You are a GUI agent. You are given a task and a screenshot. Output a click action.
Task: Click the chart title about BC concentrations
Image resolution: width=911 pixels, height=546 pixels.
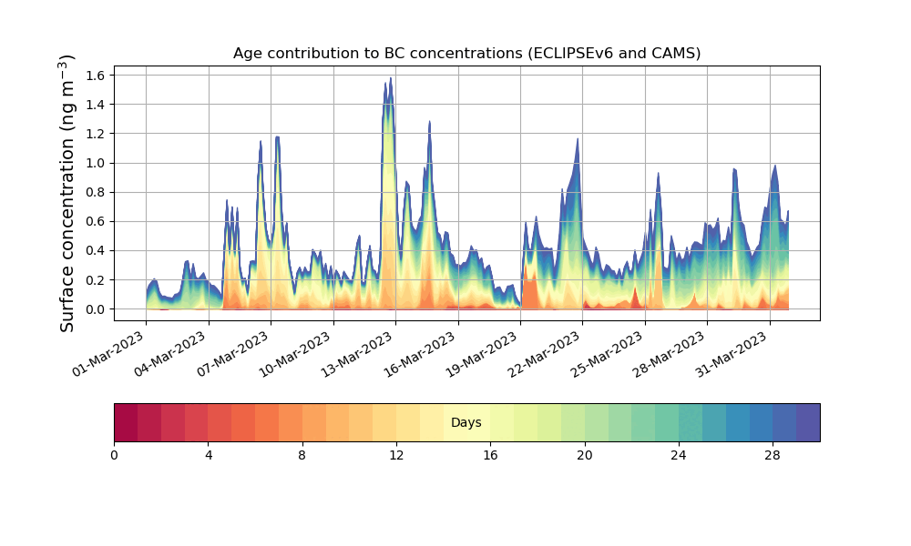click(x=466, y=53)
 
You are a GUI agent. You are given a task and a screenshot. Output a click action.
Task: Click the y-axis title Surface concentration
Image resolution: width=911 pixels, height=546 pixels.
click(x=67, y=193)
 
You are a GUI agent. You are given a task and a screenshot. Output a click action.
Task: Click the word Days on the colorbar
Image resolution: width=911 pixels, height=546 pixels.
click(x=466, y=423)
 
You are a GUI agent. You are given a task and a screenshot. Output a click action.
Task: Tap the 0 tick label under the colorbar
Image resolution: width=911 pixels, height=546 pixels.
click(x=114, y=455)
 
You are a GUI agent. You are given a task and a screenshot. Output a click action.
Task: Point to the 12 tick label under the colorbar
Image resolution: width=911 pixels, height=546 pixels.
click(x=396, y=455)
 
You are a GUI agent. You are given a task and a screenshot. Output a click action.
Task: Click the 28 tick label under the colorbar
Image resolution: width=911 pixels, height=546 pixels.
click(x=773, y=455)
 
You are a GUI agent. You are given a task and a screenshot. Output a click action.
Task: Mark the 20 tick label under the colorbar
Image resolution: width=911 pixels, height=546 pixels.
click(x=584, y=455)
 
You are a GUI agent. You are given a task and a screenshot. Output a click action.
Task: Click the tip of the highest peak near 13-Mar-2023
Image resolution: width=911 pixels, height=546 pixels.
click(x=391, y=78)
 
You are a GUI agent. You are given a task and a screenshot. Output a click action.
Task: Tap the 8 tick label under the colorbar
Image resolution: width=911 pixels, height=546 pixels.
click(x=302, y=455)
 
